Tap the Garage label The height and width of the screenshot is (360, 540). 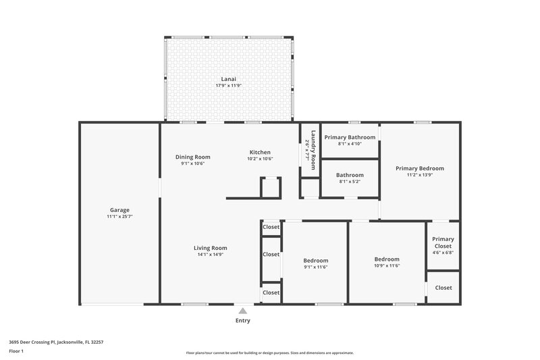[x=119, y=209]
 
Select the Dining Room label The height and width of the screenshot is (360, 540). [x=192, y=156]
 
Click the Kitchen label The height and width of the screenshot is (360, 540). [x=260, y=152]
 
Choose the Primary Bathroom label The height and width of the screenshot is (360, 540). [x=350, y=137]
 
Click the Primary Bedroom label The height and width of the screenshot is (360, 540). [x=420, y=168]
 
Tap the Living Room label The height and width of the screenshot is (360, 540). [x=211, y=247]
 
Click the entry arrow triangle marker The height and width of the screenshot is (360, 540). [x=242, y=311]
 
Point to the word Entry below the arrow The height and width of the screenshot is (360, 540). [x=242, y=320]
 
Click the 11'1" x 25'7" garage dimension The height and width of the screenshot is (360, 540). [x=119, y=217]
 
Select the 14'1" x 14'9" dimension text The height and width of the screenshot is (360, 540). [x=211, y=255]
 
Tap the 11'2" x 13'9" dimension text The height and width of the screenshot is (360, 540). [x=420, y=176]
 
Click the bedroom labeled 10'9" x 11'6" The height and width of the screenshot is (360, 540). [x=387, y=263]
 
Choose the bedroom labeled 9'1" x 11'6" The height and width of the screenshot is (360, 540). [x=315, y=264]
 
